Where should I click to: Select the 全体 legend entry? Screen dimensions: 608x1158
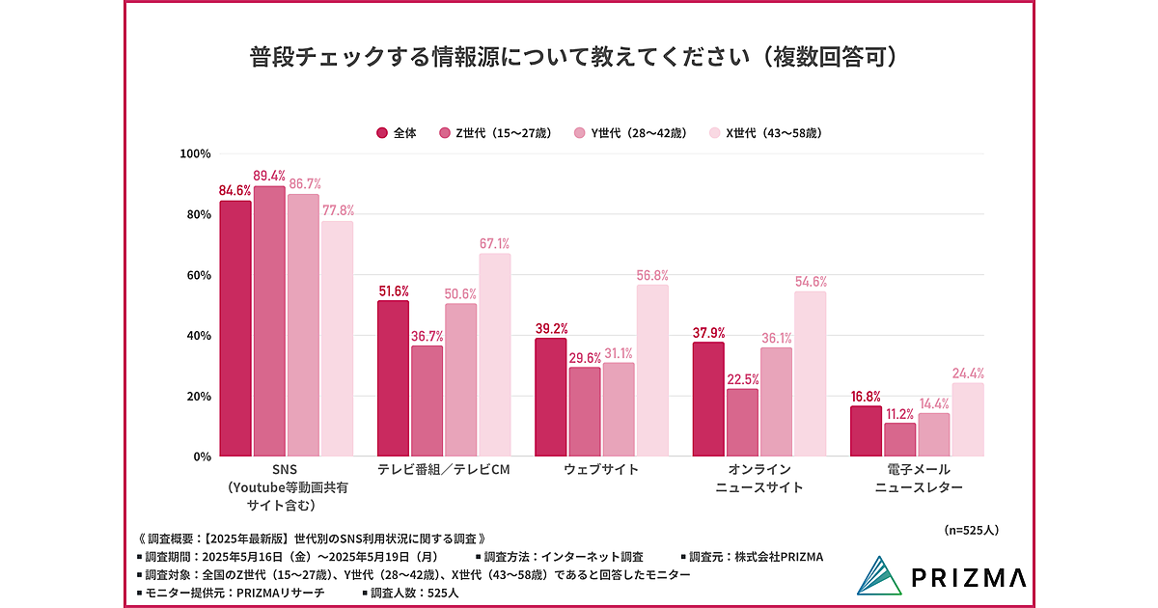click(397, 133)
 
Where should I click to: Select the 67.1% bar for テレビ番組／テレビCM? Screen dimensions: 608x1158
click(493, 355)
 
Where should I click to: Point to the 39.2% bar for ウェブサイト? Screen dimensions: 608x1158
click(551, 397)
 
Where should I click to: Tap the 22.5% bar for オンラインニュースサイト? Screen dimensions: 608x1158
click(742, 422)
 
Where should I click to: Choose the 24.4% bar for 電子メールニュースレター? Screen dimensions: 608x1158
click(968, 420)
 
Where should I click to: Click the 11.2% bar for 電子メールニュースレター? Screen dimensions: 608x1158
click(900, 439)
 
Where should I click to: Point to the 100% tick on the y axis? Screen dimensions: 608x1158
click(196, 154)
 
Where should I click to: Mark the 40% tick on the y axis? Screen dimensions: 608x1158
click(199, 336)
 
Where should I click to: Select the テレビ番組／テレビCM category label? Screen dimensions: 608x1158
click(441, 470)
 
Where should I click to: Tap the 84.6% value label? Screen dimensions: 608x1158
click(235, 191)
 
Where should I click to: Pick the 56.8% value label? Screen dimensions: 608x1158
click(652, 275)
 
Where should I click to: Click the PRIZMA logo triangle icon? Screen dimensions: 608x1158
click(881, 576)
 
